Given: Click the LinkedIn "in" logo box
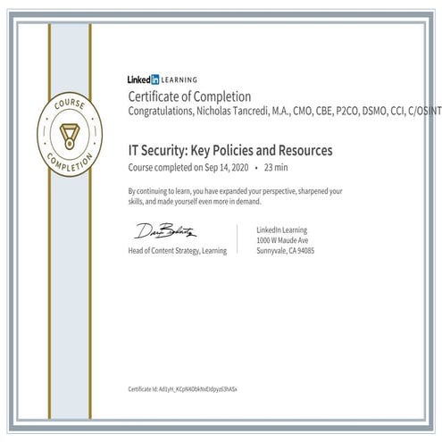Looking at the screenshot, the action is (155, 79).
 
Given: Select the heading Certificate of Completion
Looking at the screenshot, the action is (189, 96).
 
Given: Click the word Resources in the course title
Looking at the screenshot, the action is (304, 151).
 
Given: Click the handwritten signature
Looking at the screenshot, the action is (165, 231).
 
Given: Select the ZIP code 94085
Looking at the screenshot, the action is (304, 251).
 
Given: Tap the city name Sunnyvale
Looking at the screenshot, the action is (272, 251).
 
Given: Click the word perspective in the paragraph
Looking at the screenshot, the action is (280, 191).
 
